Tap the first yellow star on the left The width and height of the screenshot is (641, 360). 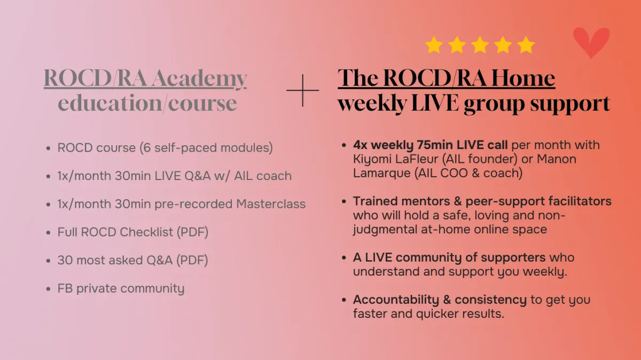pos(434,45)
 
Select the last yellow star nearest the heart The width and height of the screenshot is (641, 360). pos(526,45)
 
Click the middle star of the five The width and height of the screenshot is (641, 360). pos(480,45)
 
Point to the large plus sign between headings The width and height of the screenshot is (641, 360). pos(302,90)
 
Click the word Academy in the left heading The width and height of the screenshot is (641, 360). pos(199,78)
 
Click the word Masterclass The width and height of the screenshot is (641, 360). pos(271,204)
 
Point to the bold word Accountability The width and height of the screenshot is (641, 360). pos(396,300)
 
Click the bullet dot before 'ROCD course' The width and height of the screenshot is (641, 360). pos(48,148)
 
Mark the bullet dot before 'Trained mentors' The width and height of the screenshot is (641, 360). pos(344,202)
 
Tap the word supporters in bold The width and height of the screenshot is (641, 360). pos(513,257)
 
